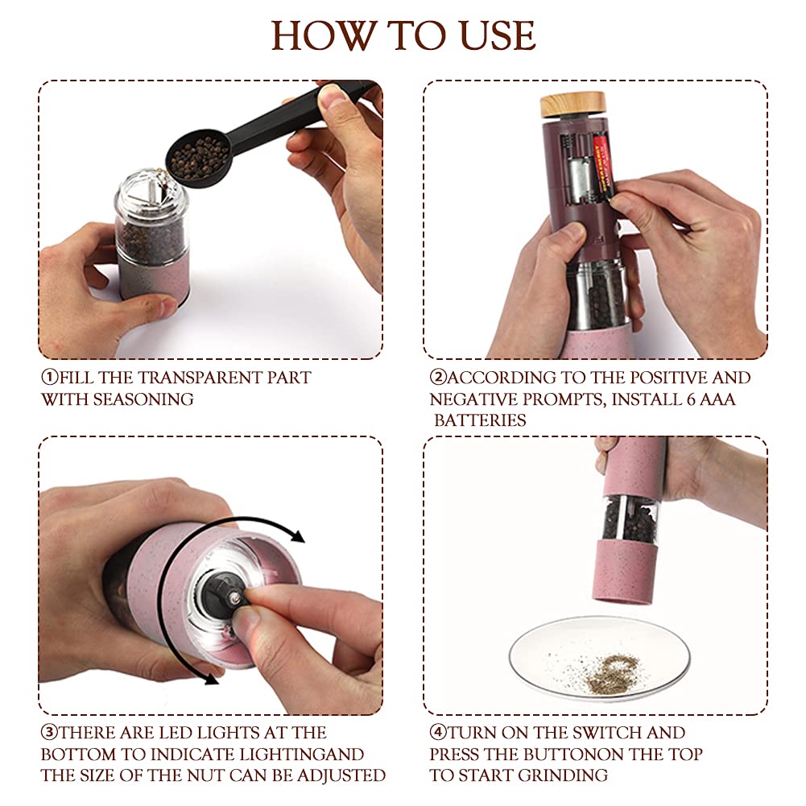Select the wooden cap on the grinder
(x=572, y=104)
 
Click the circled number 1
(x=49, y=378)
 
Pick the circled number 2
(x=438, y=378)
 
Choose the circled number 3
(x=49, y=733)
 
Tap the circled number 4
(x=438, y=733)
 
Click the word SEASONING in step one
(x=143, y=399)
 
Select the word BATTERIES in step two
(x=480, y=420)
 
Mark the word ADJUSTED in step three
(x=341, y=775)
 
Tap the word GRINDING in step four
(x=563, y=775)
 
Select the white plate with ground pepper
(x=599, y=659)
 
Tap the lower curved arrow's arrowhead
(x=211, y=678)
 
